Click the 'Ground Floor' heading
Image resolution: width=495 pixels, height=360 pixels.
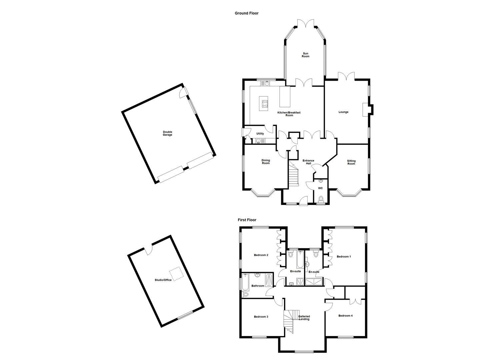pyautogui.click(x=246, y=13)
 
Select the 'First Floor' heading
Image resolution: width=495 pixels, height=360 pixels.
pyautogui.click(x=247, y=220)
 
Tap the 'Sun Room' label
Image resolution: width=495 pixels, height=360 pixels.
pyautogui.click(x=305, y=55)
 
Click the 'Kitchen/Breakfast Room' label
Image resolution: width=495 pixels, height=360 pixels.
pyautogui.click(x=289, y=114)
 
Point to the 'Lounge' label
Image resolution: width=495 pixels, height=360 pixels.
pyautogui.click(x=343, y=112)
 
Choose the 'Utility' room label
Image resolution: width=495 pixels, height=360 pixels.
pyautogui.click(x=260, y=134)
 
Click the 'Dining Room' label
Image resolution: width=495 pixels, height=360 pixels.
pyautogui.click(x=266, y=162)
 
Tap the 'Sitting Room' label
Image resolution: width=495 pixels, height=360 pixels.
pyautogui.click(x=351, y=162)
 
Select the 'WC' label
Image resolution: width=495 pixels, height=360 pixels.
pyautogui.click(x=320, y=188)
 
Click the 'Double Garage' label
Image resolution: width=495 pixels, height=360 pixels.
pyautogui.click(x=167, y=133)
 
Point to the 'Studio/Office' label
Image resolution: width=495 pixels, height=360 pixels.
pyautogui.click(x=163, y=280)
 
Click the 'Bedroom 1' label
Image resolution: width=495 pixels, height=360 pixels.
pyautogui.click(x=344, y=257)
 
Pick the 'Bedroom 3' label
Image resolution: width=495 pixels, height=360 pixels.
pyautogui.click(x=261, y=317)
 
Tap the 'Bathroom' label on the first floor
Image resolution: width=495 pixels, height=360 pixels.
pyautogui.click(x=258, y=286)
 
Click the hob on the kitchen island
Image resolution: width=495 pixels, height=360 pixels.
pyautogui.click(x=265, y=103)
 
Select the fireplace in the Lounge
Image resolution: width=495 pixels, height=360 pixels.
pyautogui.click(x=368, y=109)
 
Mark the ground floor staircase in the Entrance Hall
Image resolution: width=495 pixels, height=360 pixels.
pyautogui.click(x=293, y=175)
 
